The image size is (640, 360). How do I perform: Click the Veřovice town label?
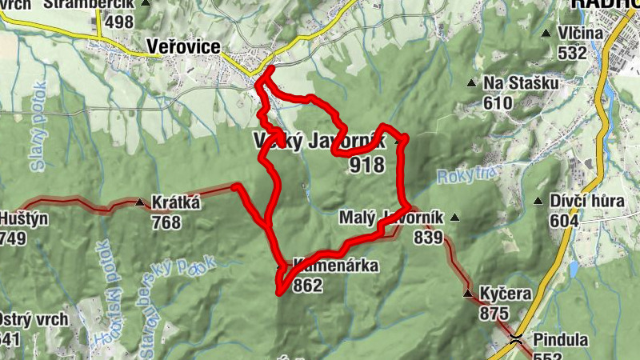[184, 47]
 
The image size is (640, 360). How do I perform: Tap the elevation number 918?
[367, 165]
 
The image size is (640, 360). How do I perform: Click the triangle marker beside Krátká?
[141, 202]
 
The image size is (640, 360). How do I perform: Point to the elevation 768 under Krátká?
[166, 222]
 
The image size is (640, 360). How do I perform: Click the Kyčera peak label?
[506, 294]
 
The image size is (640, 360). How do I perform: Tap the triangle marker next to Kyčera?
[468, 294]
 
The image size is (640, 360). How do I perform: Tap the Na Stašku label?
[519, 83]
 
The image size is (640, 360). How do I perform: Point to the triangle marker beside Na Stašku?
[472, 83]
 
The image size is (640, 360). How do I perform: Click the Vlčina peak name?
[582, 34]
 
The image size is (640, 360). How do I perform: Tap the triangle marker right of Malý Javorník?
[455, 217]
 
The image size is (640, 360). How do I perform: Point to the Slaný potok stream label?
[40, 120]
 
